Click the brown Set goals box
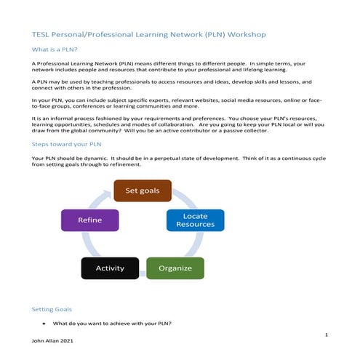tap(143, 191)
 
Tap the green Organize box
tap(175, 268)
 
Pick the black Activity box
tap(109, 268)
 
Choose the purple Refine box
tap(89, 220)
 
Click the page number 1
tap(327, 335)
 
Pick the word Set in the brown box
tap(131, 191)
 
